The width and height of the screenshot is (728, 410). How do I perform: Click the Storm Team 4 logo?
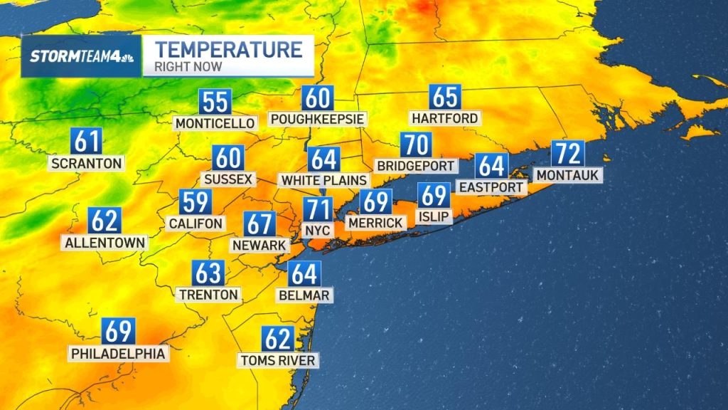(81, 57)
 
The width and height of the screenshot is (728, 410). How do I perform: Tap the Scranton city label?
(87, 163)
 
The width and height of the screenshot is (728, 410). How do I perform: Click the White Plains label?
(324, 180)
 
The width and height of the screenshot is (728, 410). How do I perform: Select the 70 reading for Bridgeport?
(416, 145)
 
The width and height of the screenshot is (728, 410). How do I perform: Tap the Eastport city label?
(491, 187)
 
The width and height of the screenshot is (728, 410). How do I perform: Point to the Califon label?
(196, 223)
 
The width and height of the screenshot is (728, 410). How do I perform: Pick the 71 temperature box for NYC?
(318, 210)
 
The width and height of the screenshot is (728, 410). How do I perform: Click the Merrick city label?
(375, 223)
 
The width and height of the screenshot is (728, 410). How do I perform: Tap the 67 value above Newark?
(259, 224)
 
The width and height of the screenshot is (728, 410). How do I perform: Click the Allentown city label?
(105, 243)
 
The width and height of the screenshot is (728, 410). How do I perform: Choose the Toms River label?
(277, 360)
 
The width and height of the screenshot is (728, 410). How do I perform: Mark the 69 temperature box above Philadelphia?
(118, 332)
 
